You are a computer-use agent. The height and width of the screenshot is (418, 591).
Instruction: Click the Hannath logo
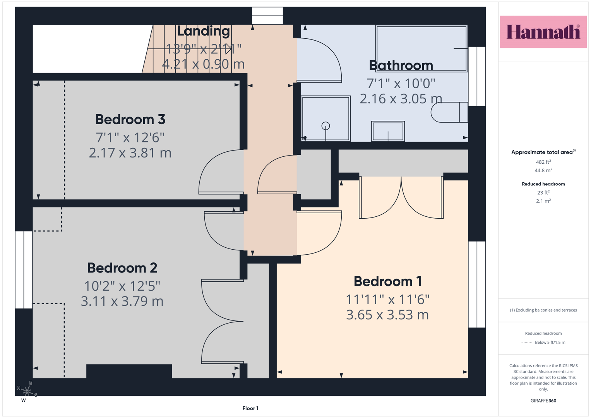(x=543, y=32)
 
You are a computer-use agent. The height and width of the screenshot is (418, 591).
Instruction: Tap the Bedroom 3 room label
(x=130, y=119)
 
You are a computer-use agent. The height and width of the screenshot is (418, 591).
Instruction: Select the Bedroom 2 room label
(x=122, y=268)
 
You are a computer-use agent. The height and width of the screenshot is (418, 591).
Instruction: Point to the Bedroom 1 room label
(x=387, y=281)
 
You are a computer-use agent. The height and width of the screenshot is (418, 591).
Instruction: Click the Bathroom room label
(x=401, y=65)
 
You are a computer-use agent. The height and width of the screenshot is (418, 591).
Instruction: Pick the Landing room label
(x=204, y=31)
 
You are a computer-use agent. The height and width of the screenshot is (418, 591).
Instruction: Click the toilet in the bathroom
(x=449, y=112)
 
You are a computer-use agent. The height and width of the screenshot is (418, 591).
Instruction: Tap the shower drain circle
(x=325, y=126)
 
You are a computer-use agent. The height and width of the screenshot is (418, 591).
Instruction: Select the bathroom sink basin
(x=388, y=131)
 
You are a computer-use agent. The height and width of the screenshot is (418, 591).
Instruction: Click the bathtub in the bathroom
(x=421, y=48)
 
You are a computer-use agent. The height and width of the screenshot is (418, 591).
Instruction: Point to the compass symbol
(x=27, y=391)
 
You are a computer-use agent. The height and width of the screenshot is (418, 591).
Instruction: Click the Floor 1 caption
(x=250, y=408)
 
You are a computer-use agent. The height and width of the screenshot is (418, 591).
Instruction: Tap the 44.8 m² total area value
(x=543, y=170)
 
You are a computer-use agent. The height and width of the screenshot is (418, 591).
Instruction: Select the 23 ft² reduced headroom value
(x=543, y=192)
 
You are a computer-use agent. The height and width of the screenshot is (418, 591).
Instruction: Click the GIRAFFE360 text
(x=543, y=401)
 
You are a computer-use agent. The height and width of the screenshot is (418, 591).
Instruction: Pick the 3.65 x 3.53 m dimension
(x=387, y=315)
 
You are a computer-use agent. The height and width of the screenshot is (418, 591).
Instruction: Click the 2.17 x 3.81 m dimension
(x=130, y=153)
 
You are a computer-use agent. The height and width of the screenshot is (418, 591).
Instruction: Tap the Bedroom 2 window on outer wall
(x=24, y=270)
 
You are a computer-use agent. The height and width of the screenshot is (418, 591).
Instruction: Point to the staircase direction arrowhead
(x=229, y=49)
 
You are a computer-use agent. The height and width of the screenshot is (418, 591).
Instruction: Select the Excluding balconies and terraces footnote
(x=543, y=310)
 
